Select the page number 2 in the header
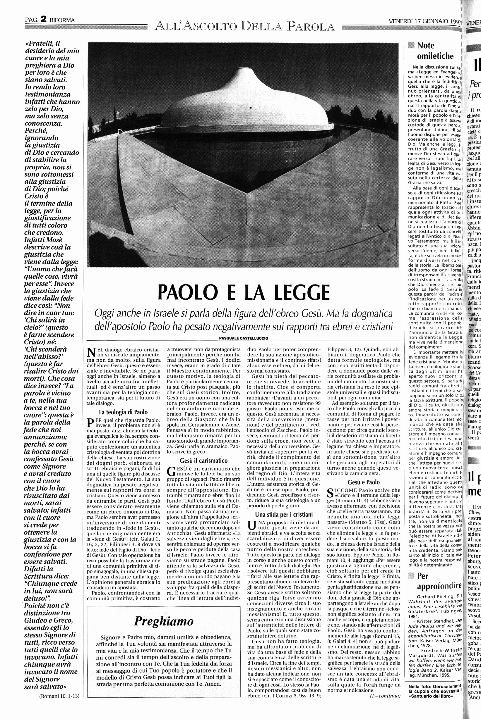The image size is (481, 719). tap(43, 19)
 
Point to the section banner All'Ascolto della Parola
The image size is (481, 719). tap(244, 26)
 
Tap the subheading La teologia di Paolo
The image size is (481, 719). tap(123, 412)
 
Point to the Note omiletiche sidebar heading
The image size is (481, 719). tap(435, 51)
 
